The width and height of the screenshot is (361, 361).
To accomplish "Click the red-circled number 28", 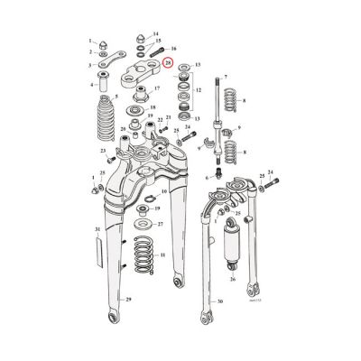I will point(169,62).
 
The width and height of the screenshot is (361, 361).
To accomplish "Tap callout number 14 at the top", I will point(156,33).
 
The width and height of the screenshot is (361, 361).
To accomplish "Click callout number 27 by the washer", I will point(161,223).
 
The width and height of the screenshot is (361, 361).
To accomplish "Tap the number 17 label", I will point(157,88).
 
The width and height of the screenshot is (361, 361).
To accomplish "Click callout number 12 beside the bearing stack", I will point(198,90).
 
